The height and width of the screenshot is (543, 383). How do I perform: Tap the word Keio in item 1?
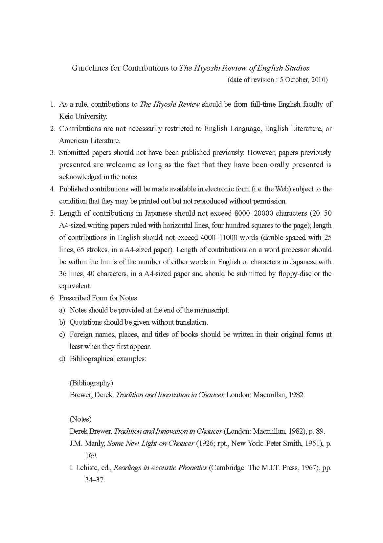66,117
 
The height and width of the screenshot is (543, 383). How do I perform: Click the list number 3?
52,153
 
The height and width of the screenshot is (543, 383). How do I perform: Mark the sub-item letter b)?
62,322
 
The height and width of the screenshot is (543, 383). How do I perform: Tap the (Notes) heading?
80,419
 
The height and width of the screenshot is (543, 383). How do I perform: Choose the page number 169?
91,456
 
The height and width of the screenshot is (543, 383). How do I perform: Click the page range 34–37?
95,480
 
